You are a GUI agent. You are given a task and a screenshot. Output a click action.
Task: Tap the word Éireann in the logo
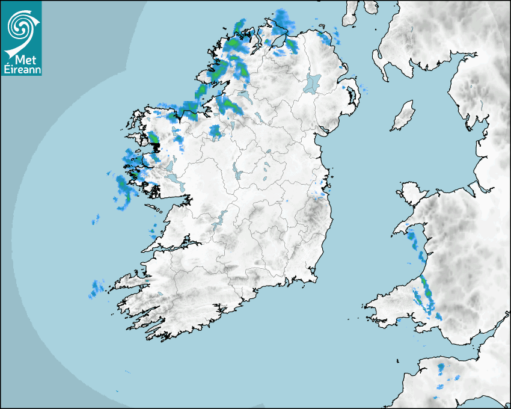[x=22, y=70]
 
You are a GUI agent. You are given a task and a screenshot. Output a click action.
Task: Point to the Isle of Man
[x=403, y=116]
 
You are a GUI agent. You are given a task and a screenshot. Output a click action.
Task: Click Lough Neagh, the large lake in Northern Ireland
[x=313, y=82]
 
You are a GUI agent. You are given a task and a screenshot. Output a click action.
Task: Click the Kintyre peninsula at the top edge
[x=352, y=12]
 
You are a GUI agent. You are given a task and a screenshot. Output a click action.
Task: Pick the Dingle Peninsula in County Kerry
[x=129, y=283]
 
